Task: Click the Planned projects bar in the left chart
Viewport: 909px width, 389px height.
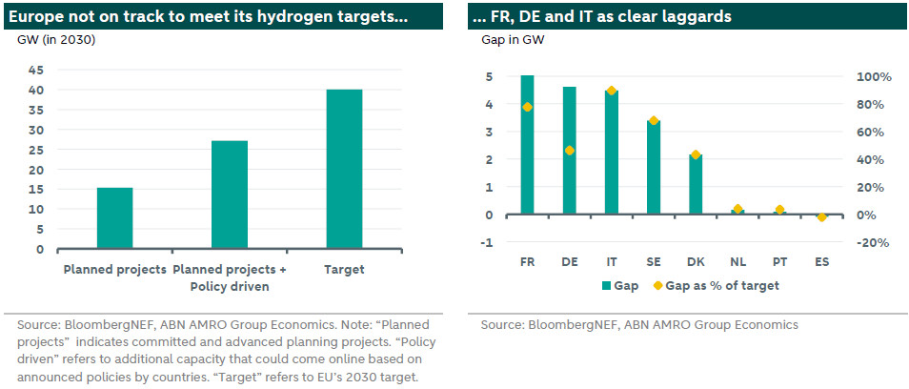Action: pos(115,218)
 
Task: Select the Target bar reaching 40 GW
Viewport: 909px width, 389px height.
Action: pos(344,170)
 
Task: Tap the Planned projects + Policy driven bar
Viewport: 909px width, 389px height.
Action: pos(230,195)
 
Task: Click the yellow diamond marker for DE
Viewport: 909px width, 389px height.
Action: pos(570,151)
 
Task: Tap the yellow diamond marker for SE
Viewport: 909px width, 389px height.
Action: pos(654,121)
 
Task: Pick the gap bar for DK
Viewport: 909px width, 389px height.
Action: pos(696,184)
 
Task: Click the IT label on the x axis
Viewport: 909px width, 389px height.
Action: pos(612,261)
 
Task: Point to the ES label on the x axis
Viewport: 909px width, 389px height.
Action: pos(821,261)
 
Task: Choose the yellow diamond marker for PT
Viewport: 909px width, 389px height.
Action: pos(779,210)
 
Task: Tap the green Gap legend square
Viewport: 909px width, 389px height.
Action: pos(605,285)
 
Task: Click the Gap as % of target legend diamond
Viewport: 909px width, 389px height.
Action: pos(658,285)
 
